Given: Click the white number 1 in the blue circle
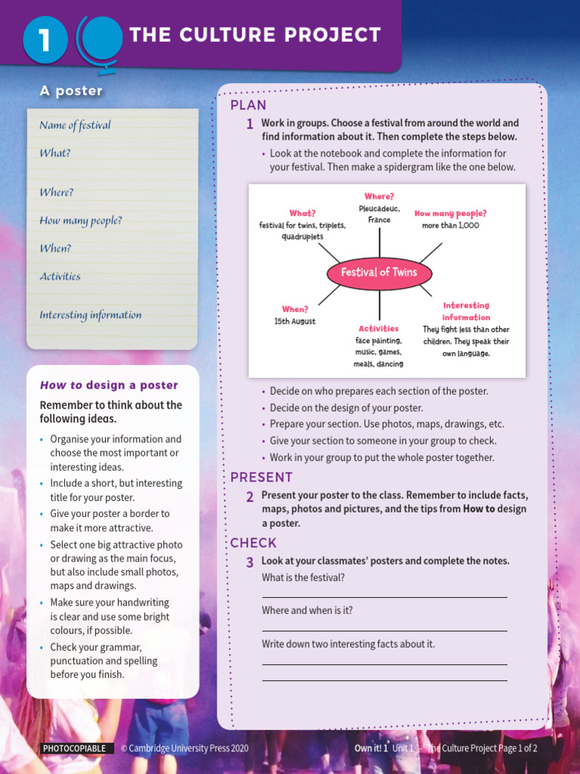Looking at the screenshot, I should [45, 40].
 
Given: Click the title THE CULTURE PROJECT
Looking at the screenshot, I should [255, 35].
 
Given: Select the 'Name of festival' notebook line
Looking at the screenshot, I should [75, 125].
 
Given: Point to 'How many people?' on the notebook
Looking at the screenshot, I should [81, 221].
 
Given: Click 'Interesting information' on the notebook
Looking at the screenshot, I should [91, 315].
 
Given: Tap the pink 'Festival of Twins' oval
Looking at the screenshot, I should [378, 272].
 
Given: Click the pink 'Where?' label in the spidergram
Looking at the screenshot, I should [379, 197].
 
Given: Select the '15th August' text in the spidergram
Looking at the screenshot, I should [295, 321].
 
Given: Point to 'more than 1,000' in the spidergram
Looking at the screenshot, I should [450, 225].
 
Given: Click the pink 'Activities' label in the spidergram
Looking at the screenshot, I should [378, 329].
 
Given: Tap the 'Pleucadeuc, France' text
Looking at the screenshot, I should [379, 214].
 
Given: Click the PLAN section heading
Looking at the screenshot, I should [248, 105].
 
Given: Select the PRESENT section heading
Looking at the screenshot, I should [261, 477].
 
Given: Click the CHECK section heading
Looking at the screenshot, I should [254, 543].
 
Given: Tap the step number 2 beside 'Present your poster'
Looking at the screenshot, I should [249, 497].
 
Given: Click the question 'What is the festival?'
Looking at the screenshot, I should [303, 577].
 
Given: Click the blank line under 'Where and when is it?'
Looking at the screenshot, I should [384, 630].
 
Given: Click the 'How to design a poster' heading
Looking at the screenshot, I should [109, 385].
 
